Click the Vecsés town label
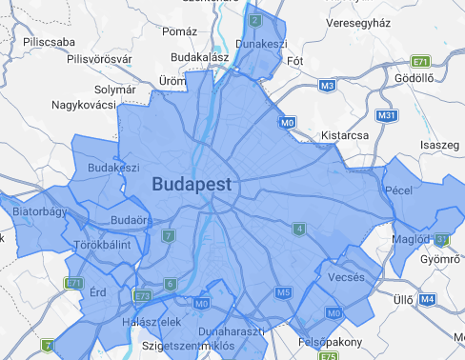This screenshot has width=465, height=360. [344, 277]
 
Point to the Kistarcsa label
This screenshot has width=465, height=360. [345, 135]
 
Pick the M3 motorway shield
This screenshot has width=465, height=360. [327, 86]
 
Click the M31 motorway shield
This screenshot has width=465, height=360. [386, 116]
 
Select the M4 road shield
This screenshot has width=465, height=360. [427, 299]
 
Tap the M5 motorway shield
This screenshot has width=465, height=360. [282, 292]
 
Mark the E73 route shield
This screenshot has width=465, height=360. [143, 296]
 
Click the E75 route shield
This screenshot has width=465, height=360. [328, 356]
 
